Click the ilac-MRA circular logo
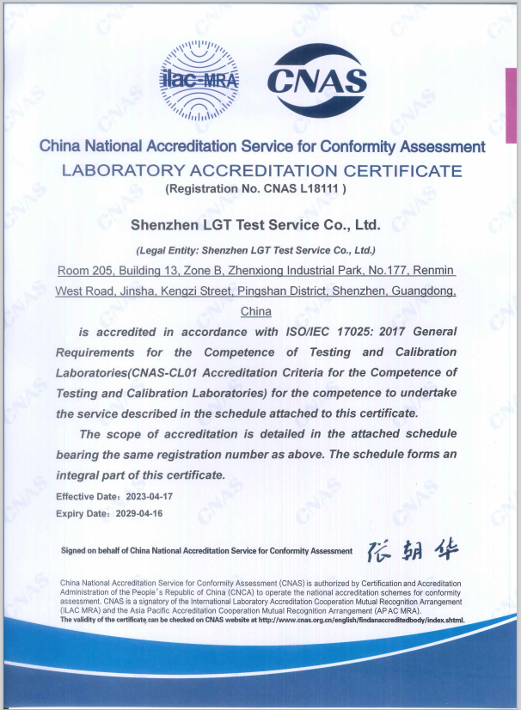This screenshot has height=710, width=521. pyautogui.click(x=199, y=81)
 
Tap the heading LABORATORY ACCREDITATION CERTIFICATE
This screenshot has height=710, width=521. pyautogui.click(x=261, y=170)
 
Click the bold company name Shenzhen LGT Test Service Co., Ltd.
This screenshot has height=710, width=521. pyautogui.click(x=255, y=225)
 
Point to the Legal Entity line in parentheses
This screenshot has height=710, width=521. pyautogui.click(x=256, y=251)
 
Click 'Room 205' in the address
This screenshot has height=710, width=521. pyautogui.click(x=81, y=272)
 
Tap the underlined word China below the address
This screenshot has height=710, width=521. pyautogui.click(x=256, y=311)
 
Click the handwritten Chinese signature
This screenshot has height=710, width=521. pyautogui.click(x=413, y=550)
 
